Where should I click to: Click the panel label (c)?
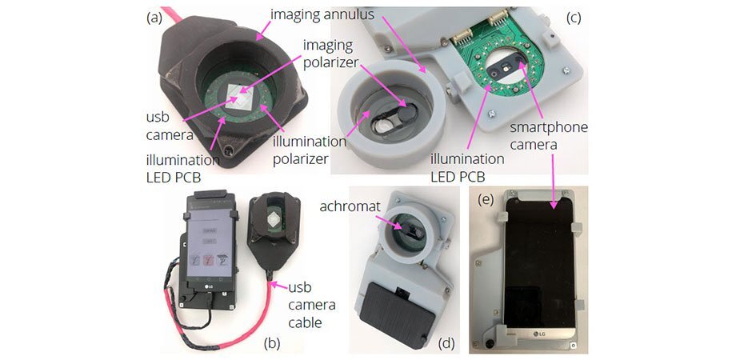coord(574,16)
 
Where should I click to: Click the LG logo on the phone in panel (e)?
coord(531,330)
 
